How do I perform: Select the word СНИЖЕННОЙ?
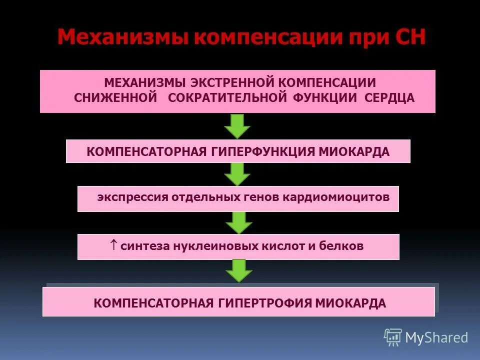pos(116,97)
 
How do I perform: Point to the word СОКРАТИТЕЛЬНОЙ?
pos(227,97)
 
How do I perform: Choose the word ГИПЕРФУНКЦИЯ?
pos(256,151)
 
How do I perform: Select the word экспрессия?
pos(132,197)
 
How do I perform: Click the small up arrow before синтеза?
pos(113,245)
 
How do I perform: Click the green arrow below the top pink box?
pos(237,126)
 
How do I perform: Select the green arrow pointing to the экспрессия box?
pos(237,174)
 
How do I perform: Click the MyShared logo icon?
pos(393,337)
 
